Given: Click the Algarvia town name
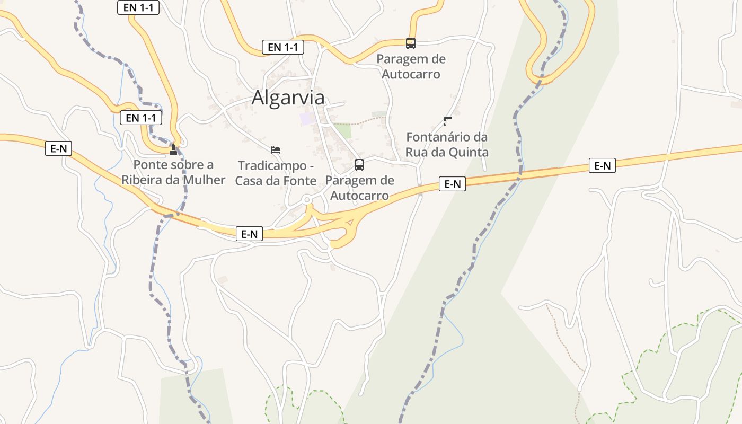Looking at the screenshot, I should click(288, 98).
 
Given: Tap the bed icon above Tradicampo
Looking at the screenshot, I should click(276, 150).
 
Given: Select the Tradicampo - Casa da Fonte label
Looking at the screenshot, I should click(276, 173).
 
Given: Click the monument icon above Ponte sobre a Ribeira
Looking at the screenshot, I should click(173, 149).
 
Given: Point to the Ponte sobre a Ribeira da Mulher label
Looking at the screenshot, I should click(173, 172).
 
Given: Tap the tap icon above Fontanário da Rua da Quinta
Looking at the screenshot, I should click(447, 121).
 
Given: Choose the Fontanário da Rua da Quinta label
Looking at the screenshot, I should click(447, 145).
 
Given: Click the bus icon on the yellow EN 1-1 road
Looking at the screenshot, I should click(411, 43).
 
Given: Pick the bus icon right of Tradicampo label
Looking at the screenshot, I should click(359, 165).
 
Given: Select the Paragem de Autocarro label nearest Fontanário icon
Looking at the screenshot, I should click(411, 66).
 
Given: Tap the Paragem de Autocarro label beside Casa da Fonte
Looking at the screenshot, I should click(359, 188).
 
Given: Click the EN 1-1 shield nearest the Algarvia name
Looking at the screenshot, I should click(283, 47).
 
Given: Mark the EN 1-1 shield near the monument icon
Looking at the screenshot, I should click(141, 118).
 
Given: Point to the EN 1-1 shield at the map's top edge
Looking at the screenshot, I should click(138, 7).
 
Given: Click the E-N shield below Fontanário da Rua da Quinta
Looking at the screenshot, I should click(452, 184).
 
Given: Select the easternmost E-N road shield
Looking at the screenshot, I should click(602, 166).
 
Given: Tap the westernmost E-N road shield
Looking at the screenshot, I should click(58, 148).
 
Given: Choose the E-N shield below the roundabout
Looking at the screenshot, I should click(249, 234).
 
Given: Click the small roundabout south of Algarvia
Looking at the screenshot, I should click(307, 200).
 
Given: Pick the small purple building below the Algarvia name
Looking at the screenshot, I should click(306, 118).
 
